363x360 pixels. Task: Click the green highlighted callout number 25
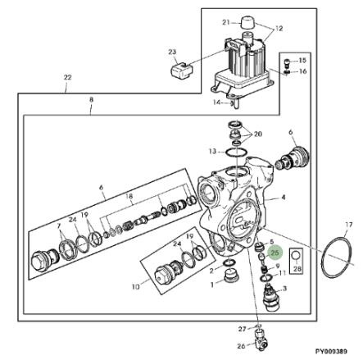pos(275,253)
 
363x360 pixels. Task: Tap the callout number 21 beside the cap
pos(226,22)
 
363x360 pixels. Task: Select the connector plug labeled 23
pos(181,71)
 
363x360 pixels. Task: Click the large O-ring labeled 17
pos(335,257)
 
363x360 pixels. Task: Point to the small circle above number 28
pos(297,256)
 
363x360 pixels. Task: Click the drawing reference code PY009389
pos(331,351)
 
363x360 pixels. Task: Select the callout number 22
pos(67,77)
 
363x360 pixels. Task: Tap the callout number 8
pos(91,100)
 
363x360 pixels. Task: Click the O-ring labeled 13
pos(235,153)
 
